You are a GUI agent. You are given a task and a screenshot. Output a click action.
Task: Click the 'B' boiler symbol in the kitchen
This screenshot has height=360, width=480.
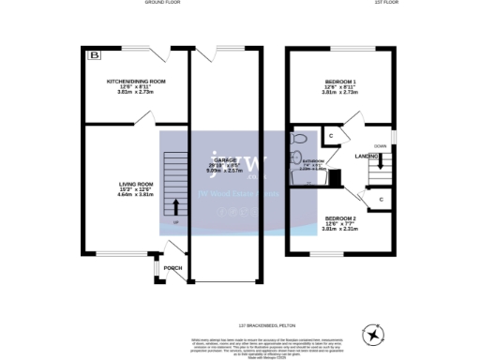click(x=93, y=56)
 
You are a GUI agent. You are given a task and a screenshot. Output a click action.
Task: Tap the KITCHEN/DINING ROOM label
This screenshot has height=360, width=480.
click(x=135, y=82)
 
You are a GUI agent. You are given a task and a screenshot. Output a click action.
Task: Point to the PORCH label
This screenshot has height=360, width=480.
click(x=173, y=268)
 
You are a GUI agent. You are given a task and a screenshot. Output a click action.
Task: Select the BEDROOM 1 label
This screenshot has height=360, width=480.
click(x=340, y=82)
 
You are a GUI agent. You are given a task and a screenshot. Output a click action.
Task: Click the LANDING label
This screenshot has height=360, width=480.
click(x=367, y=157)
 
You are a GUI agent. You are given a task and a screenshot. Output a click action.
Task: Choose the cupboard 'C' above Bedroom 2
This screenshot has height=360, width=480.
click(x=381, y=199)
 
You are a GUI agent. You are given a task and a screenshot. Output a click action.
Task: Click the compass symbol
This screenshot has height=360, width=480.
click(x=375, y=334)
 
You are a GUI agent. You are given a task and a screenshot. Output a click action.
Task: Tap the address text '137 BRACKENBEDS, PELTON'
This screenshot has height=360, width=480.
click(x=240, y=301)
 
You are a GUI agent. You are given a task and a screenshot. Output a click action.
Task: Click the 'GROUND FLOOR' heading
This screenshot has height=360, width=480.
click(x=162, y=3)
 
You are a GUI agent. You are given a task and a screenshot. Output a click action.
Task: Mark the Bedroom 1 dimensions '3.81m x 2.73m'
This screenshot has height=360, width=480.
click(x=340, y=93)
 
